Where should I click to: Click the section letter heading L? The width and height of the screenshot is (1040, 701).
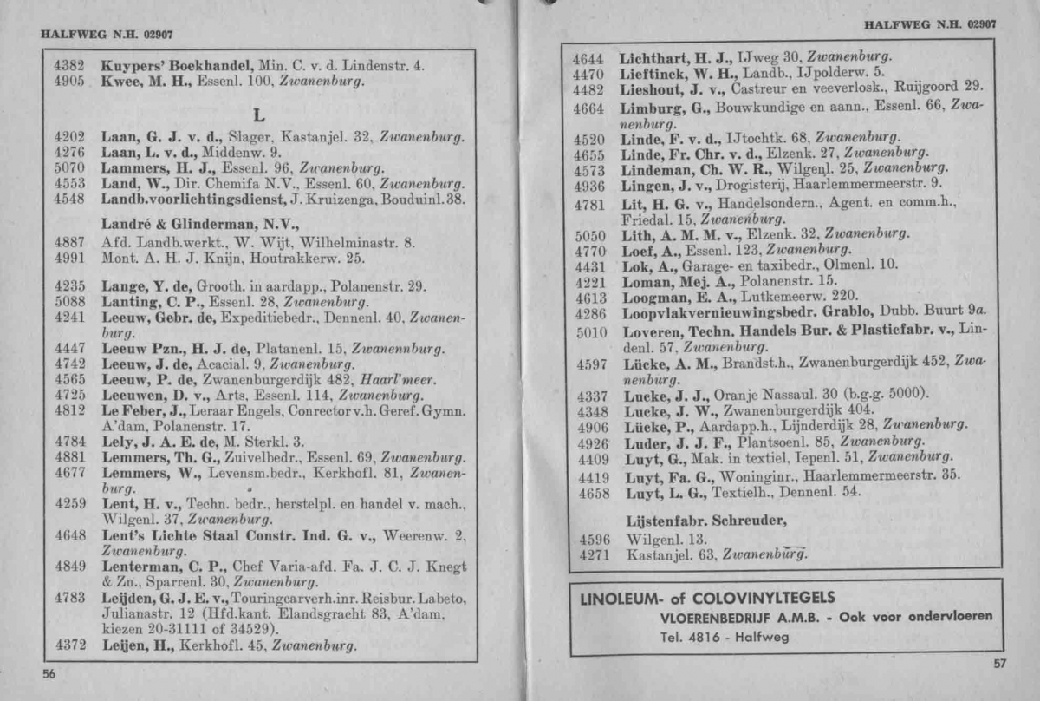[x=257, y=115]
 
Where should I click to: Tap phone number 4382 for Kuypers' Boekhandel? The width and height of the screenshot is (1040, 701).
[x=68, y=65]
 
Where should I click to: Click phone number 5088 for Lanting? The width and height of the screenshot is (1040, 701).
[x=68, y=301]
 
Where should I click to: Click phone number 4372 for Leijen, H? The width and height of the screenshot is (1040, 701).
[x=68, y=646]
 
